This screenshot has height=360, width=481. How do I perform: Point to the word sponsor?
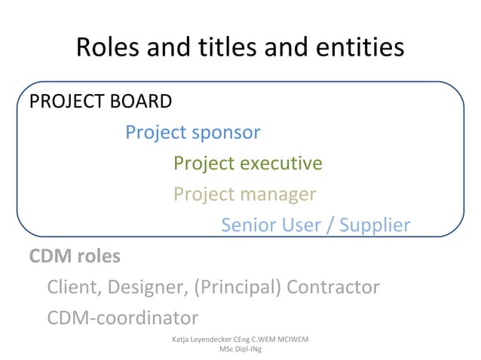coord(226,133)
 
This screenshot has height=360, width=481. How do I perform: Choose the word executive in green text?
coord(280,163)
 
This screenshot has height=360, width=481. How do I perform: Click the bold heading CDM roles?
coord(75,256)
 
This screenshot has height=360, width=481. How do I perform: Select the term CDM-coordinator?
coord(123,318)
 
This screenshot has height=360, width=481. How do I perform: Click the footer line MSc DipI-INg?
coord(240,350)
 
